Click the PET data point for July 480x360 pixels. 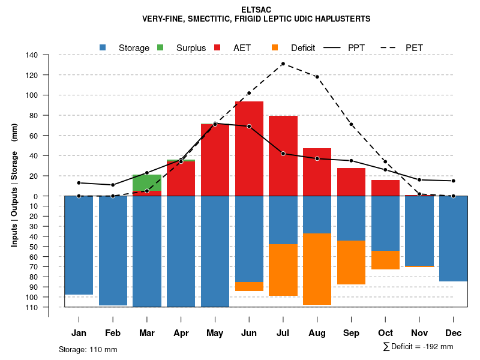[283, 64]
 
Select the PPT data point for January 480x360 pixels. [79, 183]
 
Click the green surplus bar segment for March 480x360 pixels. [147, 182]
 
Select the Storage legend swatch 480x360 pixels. [103, 47]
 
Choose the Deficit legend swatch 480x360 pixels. [275, 47]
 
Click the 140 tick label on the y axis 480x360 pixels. [32, 55]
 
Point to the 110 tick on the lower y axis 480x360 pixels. [32, 307]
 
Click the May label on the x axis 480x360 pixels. [215, 333]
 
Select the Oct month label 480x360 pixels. [385, 333]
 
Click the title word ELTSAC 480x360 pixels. [256, 10]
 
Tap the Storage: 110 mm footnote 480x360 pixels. [88, 349]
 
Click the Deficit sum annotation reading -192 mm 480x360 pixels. [418, 347]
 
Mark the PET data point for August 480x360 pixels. [317, 77]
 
